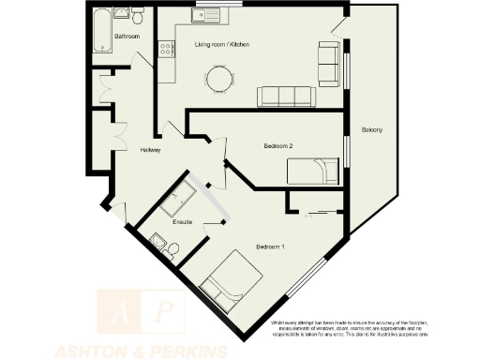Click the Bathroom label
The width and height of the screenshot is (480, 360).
(127, 36)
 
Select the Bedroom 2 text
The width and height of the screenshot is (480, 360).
(279, 145)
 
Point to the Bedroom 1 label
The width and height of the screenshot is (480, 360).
(270, 247)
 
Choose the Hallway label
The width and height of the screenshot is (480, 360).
(150, 150)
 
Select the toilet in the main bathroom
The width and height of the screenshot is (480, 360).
(137, 17)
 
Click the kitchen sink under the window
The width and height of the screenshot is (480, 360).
(200, 16)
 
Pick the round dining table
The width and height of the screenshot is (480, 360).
(220, 79)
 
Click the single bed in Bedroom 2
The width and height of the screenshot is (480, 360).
(311, 171)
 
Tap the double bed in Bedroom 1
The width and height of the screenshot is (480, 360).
(229, 284)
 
